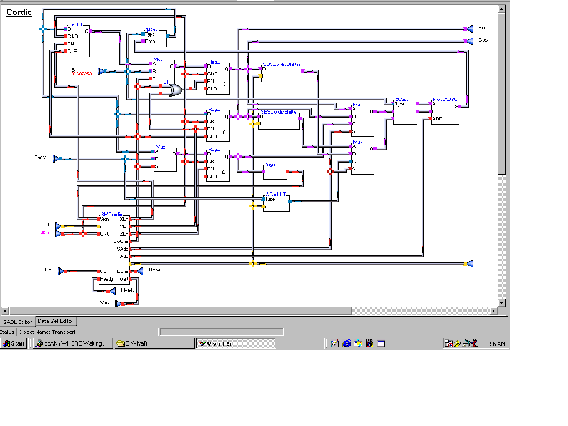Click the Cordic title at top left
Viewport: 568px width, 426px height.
(x=19, y=12)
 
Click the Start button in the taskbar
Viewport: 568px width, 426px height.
(x=14, y=344)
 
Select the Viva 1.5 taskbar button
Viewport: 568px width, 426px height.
(x=236, y=344)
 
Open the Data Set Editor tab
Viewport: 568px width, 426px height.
(x=55, y=321)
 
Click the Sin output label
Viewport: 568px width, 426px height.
(x=481, y=27)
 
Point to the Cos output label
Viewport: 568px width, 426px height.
(x=483, y=40)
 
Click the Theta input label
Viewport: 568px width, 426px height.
(x=41, y=158)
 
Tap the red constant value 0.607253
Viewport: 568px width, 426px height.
(x=82, y=74)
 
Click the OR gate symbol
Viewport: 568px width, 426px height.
(x=176, y=90)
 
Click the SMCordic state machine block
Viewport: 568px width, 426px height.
(x=114, y=250)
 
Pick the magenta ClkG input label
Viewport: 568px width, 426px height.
(x=44, y=232)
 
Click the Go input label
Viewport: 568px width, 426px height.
(x=48, y=270)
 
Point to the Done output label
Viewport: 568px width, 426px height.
(x=154, y=270)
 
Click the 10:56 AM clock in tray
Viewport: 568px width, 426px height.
(x=493, y=344)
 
